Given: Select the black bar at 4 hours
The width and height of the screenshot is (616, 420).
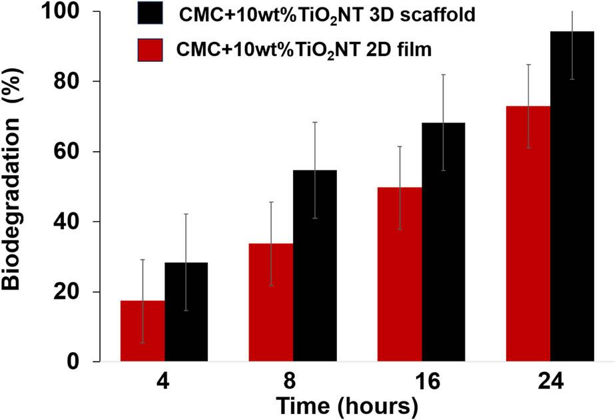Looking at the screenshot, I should tap(186, 312).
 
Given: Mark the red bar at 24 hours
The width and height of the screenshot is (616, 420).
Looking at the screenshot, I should tap(528, 234).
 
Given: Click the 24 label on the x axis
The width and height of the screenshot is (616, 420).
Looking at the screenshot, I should tap(550, 383).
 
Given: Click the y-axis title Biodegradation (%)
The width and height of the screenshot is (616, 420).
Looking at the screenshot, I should tap(15, 187).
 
